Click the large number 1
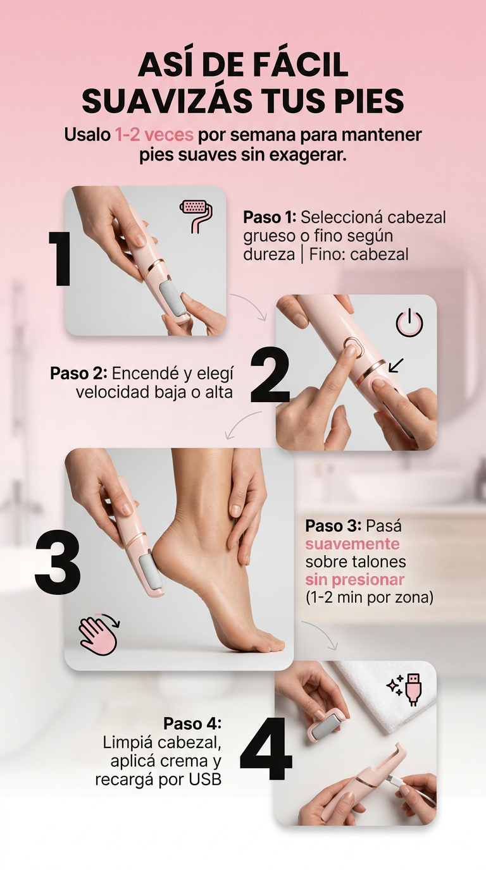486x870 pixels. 60,259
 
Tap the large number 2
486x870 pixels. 270,376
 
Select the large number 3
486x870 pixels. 58,561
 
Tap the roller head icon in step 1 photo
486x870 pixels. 197,215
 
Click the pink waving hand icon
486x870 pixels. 99,634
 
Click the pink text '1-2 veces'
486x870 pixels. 154,135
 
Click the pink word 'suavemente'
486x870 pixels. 352,544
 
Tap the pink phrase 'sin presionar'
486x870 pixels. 354,580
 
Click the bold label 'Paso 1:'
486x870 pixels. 270,217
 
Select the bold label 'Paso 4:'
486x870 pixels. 192,723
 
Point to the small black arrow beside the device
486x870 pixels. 396,365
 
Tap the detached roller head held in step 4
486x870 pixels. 328,724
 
